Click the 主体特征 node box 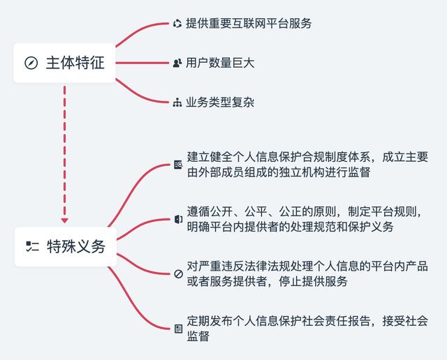coord(65,63)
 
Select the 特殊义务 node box coord(66,247)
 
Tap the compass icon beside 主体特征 coord(31,63)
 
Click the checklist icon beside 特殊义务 coord(32,247)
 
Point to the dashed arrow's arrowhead coord(65,220)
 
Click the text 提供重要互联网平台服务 coord(249,23)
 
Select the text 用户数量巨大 coord(220,63)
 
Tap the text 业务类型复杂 coord(220,103)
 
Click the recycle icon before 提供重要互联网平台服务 coord(177,24)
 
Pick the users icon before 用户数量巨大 coord(177,63)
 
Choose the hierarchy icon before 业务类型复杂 coord(177,103)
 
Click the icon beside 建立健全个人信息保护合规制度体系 coord(179,165)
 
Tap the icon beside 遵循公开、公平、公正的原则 coord(179,219)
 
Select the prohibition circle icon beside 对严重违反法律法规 coord(179,274)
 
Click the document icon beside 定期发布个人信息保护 coord(179,329)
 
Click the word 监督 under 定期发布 coord(198,336)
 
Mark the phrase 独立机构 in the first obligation coord(302,172)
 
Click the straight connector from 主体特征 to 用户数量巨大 coord(142,63)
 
